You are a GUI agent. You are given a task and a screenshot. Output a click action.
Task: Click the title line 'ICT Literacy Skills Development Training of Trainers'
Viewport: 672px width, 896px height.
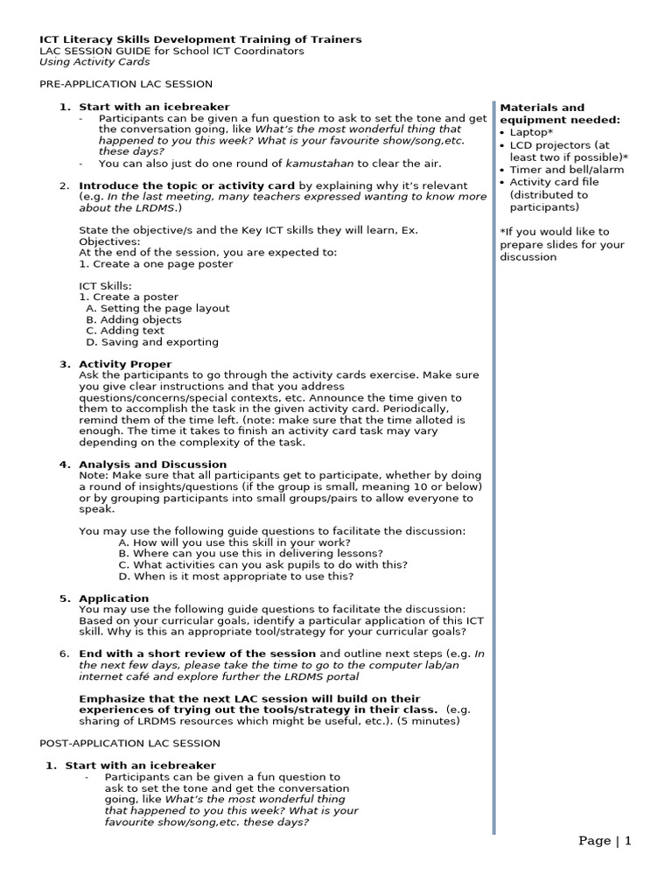pos(200,39)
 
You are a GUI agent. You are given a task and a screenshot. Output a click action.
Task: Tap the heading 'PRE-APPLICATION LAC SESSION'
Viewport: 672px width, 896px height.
pos(126,84)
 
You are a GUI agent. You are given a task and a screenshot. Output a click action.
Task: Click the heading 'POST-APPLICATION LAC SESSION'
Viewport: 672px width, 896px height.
pos(130,743)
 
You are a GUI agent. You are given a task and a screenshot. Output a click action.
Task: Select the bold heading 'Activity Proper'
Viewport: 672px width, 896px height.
pos(125,364)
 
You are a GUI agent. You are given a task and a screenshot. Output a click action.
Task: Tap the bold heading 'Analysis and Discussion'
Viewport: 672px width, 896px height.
pos(152,465)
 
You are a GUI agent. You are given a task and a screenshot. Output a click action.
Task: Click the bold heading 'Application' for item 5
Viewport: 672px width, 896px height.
pos(114,598)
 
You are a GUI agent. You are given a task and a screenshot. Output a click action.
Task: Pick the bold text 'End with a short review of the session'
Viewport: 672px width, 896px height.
pos(197,654)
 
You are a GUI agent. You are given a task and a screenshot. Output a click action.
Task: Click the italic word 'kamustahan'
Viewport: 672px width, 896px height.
pos(321,164)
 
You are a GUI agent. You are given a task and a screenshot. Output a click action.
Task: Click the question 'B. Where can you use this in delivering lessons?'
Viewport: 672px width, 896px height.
pos(250,554)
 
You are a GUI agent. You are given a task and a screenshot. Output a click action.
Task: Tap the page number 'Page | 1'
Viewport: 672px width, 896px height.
pos(604,841)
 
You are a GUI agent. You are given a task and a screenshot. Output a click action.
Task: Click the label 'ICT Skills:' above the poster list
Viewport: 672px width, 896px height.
pos(107,286)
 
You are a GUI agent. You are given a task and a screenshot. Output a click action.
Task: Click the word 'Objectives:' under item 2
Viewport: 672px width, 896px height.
pos(109,241)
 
